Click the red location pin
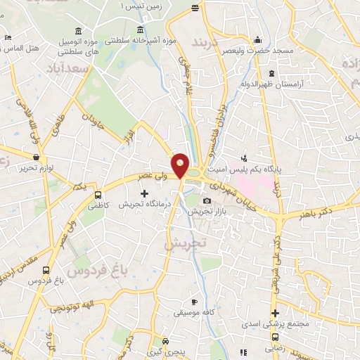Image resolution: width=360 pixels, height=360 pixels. (x=181, y=165)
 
